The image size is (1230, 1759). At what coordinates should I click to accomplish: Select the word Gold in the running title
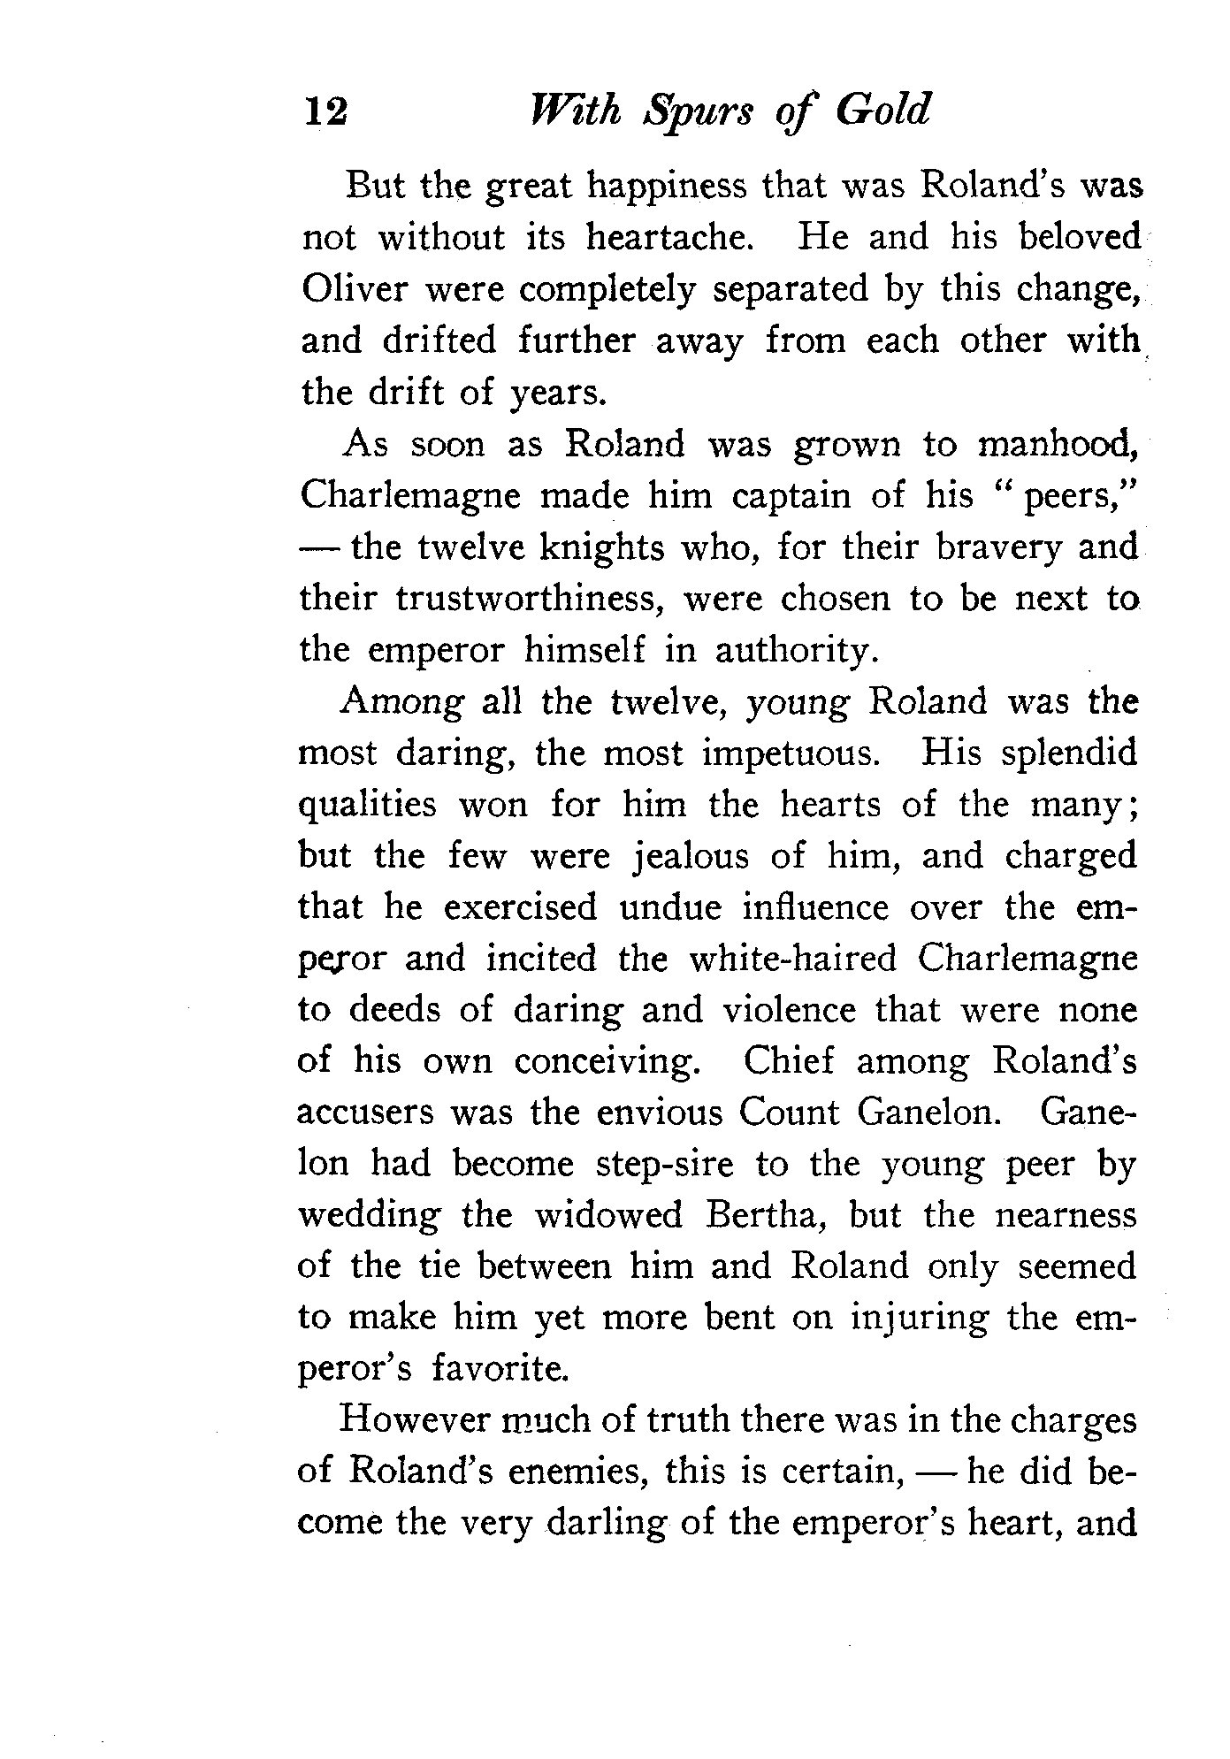[883, 111]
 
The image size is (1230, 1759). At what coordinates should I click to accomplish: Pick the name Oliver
[353, 289]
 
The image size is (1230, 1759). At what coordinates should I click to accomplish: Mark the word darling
[607, 1523]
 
